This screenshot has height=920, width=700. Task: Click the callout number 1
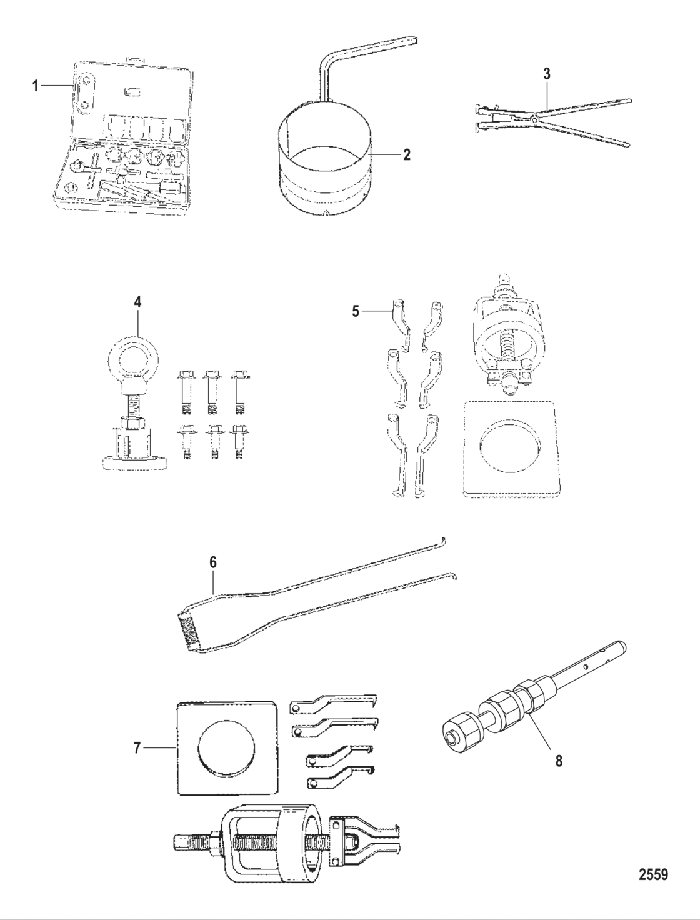pos(36,86)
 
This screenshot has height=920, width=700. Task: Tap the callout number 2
pos(406,154)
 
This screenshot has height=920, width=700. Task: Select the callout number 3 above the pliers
pos(546,73)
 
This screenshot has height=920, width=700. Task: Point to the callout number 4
pos(137,302)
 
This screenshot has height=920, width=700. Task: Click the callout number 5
pos(356,311)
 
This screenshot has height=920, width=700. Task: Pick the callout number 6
pos(212,562)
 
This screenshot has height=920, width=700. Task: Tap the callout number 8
pos(559,761)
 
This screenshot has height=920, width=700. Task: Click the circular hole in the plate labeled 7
pos(227,750)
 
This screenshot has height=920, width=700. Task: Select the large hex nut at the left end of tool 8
pos(456,740)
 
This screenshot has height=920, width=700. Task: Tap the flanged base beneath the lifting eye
pos(136,463)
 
